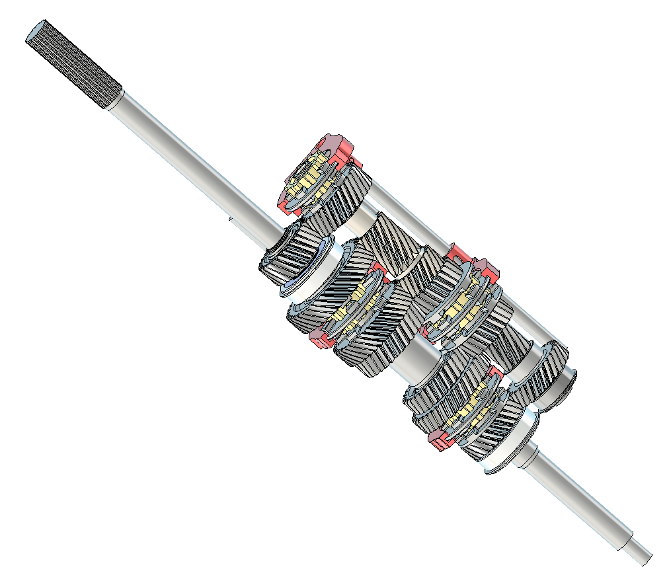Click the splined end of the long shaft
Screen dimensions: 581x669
tap(73, 63)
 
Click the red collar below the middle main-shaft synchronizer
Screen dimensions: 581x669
tap(321, 339)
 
